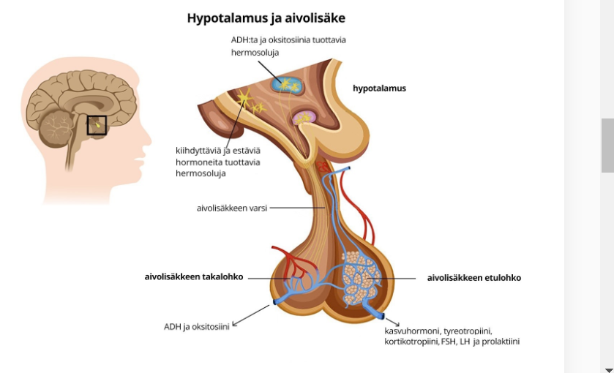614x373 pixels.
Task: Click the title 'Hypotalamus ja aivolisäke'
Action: pos(266,18)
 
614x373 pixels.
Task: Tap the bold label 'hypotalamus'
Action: pos(379,88)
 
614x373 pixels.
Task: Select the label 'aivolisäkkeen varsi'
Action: pos(232,208)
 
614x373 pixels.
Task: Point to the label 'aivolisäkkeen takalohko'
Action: pos(194,277)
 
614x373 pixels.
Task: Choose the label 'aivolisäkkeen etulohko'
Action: pos(473,278)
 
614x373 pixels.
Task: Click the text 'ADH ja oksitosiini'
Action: pos(196,327)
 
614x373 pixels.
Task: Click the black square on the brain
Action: pos(97,125)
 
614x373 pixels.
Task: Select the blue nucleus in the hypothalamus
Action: pos(286,85)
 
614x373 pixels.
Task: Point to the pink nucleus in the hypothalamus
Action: pos(303,117)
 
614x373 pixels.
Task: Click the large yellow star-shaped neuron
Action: pos(243,97)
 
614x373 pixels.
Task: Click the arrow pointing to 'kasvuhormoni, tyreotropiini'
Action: pos(392,322)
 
